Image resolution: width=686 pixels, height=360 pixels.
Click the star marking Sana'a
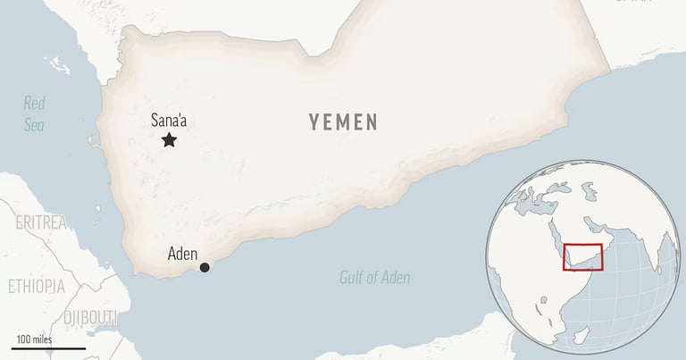click(x=169, y=139)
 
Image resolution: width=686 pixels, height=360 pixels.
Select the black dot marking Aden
click(x=205, y=267)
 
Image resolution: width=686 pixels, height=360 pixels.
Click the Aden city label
click(x=182, y=254)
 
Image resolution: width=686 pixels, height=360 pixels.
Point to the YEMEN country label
click(x=344, y=122)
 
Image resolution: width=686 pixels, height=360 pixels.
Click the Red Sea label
click(x=35, y=113)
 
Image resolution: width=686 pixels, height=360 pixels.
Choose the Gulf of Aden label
click(x=375, y=277)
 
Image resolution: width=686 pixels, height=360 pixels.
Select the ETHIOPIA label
click(x=36, y=286)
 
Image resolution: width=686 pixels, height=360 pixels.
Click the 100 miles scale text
click(x=32, y=339)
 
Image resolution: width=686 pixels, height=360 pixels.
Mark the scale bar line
click(x=49, y=347)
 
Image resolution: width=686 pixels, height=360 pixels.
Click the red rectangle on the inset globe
click(x=581, y=256)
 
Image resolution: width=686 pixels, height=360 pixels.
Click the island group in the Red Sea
click(x=59, y=65)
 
